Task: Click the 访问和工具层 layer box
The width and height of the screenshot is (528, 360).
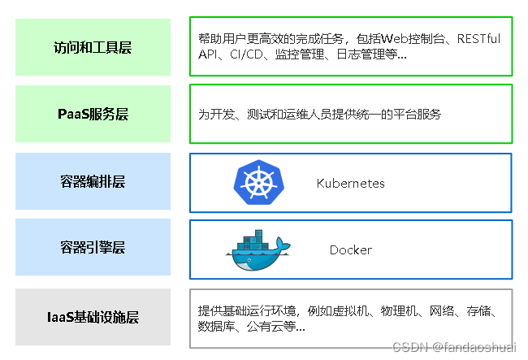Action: [93, 47]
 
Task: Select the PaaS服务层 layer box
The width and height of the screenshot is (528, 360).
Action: [93, 114]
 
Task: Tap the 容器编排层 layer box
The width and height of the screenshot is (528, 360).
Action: [93, 181]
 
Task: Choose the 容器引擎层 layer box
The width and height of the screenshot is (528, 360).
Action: [93, 247]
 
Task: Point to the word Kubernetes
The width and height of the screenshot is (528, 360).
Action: [350, 184]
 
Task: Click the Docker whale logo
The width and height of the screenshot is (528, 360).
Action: [257, 250]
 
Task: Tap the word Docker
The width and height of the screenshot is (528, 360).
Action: [350, 250]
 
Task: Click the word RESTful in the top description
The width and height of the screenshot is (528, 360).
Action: [478, 39]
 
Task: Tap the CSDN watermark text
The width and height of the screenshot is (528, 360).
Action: [409, 347]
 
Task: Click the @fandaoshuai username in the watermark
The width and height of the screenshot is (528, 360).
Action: [474, 347]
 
